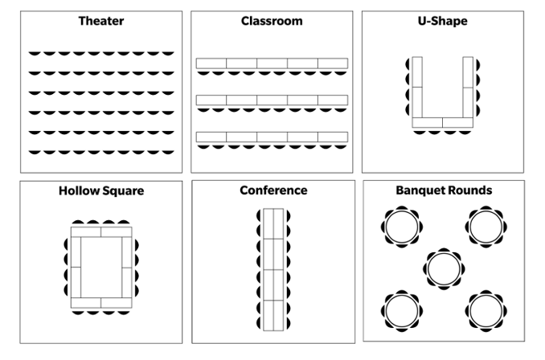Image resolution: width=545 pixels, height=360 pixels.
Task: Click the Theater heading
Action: (x=100, y=21)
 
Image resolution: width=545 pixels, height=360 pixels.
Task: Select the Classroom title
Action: (x=272, y=21)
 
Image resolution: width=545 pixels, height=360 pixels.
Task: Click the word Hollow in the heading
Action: (x=79, y=191)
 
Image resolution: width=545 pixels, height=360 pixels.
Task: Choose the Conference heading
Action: (x=273, y=190)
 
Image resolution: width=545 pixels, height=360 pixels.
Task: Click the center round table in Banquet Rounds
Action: (x=443, y=268)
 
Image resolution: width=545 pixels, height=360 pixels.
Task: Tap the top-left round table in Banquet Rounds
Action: (x=401, y=227)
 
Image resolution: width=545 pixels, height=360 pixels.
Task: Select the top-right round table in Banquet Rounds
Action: (x=485, y=227)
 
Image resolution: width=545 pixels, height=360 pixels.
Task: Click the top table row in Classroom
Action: (x=272, y=63)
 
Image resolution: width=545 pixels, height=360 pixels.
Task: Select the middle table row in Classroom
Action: (x=272, y=100)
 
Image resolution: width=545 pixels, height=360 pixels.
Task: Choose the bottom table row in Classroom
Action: (x=272, y=137)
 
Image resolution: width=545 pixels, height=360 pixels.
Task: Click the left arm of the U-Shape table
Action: (x=417, y=87)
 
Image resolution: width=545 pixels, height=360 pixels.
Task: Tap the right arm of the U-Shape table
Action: (x=468, y=87)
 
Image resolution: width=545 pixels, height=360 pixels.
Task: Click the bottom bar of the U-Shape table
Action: (x=443, y=123)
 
